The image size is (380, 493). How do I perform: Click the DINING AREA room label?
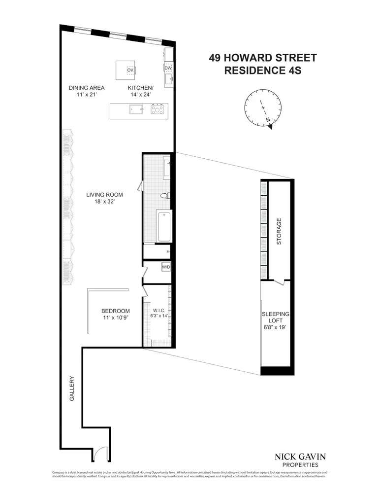86,88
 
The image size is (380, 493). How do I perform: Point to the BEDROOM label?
115,311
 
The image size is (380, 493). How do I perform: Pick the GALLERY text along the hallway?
71,388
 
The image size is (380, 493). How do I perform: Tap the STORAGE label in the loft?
279,231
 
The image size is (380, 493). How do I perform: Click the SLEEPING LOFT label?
276,320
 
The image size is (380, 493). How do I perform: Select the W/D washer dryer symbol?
166,268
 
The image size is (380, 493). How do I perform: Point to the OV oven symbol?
130,70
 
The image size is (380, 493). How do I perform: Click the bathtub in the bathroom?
164,226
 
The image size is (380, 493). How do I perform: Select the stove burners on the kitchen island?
158,110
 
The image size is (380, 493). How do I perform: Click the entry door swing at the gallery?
99,453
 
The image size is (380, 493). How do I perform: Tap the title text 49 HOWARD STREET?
262,58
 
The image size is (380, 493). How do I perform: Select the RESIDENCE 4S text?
262,70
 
